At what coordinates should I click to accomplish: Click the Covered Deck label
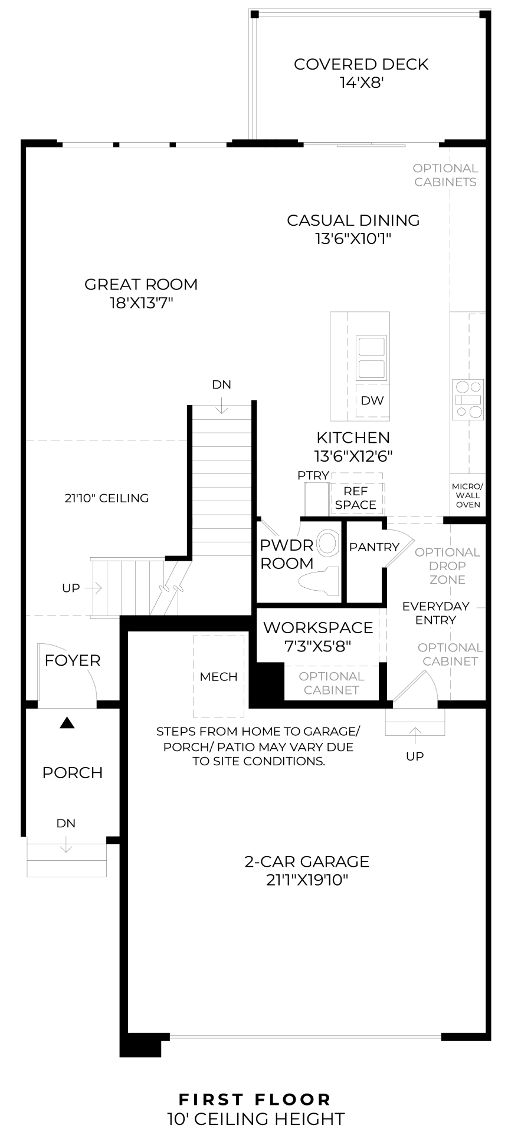pyautogui.click(x=361, y=64)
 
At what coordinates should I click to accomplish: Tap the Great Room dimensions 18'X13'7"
pyautogui.click(x=141, y=303)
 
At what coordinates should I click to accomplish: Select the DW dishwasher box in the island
pyautogui.click(x=372, y=401)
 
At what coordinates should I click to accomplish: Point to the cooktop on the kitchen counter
pyautogui.click(x=468, y=399)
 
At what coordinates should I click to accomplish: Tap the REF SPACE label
pyautogui.click(x=356, y=498)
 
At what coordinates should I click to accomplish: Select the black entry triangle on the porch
pyautogui.click(x=68, y=722)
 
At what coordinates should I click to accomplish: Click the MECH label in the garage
pyautogui.click(x=219, y=676)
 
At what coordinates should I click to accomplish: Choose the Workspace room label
pyautogui.click(x=318, y=627)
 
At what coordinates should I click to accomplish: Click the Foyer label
pyautogui.click(x=73, y=660)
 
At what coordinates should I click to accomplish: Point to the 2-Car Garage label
pyautogui.click(x=307, y=861)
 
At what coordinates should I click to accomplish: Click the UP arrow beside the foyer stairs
pyautogui.click(x=94, y=588)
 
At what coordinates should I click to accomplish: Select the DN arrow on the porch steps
pyautogui.click(x=66, y=845)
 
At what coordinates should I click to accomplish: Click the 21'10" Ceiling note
pyautogui.click(x=107, y=498)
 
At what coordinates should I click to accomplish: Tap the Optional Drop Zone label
pyautogui.click(x=448, y=566)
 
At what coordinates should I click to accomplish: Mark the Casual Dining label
pyautogui.click(x=353, y=220)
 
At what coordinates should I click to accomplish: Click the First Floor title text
pyautogui.click(x=255, y=1100)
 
